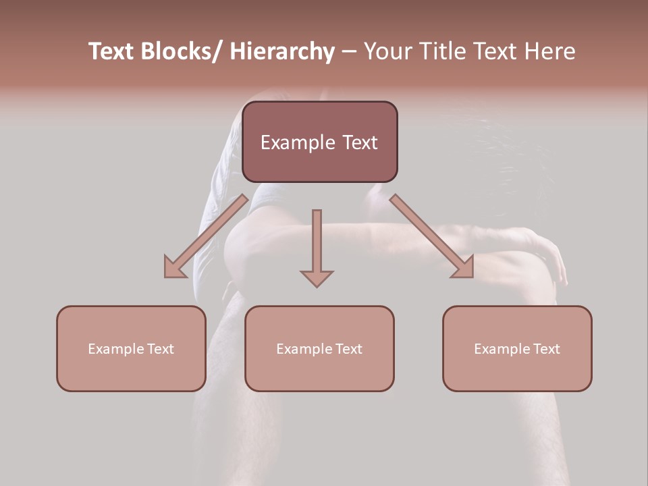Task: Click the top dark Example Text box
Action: [x=320, y=142]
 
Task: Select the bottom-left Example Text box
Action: [x=131, y=348]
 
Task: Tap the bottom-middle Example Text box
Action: [x=319, y=348]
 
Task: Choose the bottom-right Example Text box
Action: [x=517, y=348]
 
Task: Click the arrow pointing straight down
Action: [x=317, y=247]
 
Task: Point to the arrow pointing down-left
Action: [x=205, y=236]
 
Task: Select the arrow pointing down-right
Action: [x=431, y=236]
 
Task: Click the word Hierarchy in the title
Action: [x=282, y=51]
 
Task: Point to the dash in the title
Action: [x=348, y=53]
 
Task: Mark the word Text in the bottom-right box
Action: [x=547, y=349]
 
